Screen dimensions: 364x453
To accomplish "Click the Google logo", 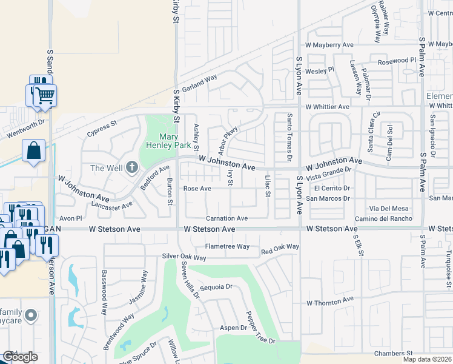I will click(20, 357).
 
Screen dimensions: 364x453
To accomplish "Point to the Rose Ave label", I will click(197, 189).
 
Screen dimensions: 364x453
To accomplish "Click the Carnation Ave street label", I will click(227, 218).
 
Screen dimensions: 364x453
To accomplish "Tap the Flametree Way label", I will click(227, 246).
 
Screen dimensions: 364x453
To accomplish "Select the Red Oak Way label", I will click(280, 247).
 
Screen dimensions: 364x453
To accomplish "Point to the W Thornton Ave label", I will click(329, 301).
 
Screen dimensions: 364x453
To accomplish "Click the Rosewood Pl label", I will click(397, 61).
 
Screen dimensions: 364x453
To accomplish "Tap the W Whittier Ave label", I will click(328, 107).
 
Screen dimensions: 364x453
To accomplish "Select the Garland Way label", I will click(199, 83).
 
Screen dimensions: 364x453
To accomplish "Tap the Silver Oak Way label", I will click(184, 257).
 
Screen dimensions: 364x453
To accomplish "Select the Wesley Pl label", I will click(320, 71).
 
